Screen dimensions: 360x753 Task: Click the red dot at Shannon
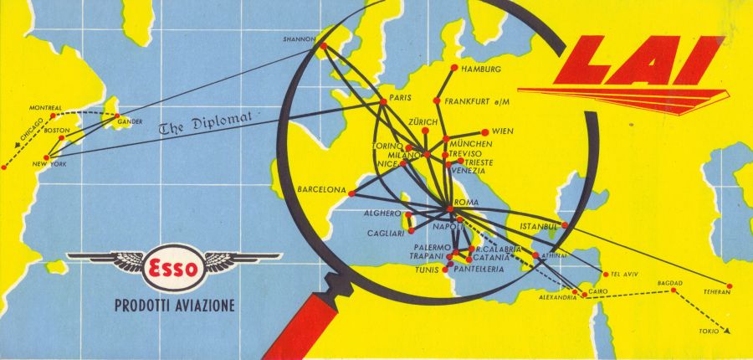pyautogui.click(x=324, y=46)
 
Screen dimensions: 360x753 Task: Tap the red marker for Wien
pyautogui.click(x=484, y=131)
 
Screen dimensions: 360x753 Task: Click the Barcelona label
pyautogui.click(x=321, y=190)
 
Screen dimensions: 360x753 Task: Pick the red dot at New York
pyautogui.click(x=48, y=157)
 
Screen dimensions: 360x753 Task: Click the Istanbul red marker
pyautogui.click(x=565, y=224)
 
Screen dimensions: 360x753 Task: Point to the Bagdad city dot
pyautogui.click(x=674, y=291)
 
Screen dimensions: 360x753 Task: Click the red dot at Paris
pyautogui.click(x=383, y=101)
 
